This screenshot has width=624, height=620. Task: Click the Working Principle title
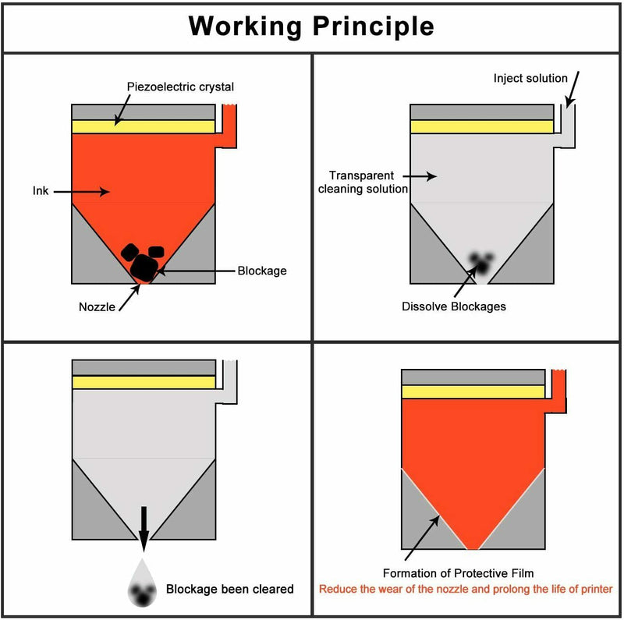click(311, 26)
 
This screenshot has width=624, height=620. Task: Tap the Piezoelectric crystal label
click(180, 87)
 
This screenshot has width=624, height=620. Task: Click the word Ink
click(41, 190)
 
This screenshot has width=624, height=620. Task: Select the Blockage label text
click(262, 271)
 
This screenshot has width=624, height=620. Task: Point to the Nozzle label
click(97, 306)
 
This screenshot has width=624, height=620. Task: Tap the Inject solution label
click(530, 78)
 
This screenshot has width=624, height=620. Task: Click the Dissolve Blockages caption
click(453, 306)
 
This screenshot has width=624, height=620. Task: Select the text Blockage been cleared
click(229, 589)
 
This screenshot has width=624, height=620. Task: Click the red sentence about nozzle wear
click(466, 589)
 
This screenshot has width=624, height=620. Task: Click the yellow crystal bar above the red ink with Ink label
click(143, 126)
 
